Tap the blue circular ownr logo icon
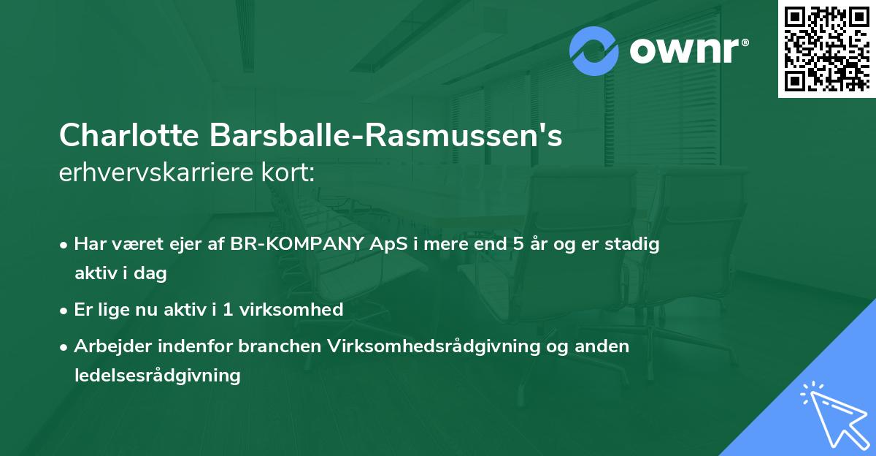pos(595,51)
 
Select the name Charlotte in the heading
pos(128,137)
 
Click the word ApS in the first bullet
pos(388,244)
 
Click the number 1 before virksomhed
pos(228,310)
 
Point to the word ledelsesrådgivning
pos(157,376)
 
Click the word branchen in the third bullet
pos(286,346)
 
